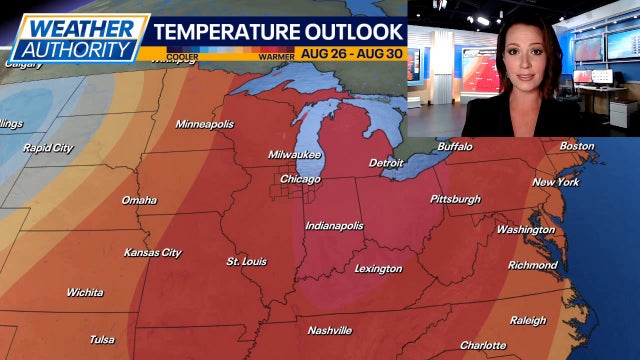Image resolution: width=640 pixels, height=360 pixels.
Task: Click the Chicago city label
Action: coord(300,179)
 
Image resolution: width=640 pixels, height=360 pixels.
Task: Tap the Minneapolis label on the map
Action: coord(204,124)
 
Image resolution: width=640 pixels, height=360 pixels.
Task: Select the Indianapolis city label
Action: coord(334,226)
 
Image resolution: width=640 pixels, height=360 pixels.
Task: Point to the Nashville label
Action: coord(329,330)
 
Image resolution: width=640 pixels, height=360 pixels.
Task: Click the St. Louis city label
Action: coord(246,262)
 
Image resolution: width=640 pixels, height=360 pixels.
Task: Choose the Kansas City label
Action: coord(152,253)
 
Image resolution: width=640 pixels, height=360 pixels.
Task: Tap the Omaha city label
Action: coord(138,200)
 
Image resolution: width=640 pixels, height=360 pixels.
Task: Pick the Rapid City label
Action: coord(48,148)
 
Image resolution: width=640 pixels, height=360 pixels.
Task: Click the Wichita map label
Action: coord(84,293)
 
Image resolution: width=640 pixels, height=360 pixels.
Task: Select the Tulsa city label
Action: coord(101,339)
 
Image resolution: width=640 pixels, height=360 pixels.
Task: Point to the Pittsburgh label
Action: coord(455,199)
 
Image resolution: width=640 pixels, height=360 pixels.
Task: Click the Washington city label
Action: coord(525,230)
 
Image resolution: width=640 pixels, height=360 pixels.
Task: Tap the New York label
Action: coord(556,182)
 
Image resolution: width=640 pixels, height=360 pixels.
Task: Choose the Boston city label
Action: coord(576,146)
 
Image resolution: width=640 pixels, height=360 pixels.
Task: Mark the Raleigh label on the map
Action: coord(528,321)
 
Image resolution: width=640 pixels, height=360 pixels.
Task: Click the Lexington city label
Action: coord(378,269)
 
